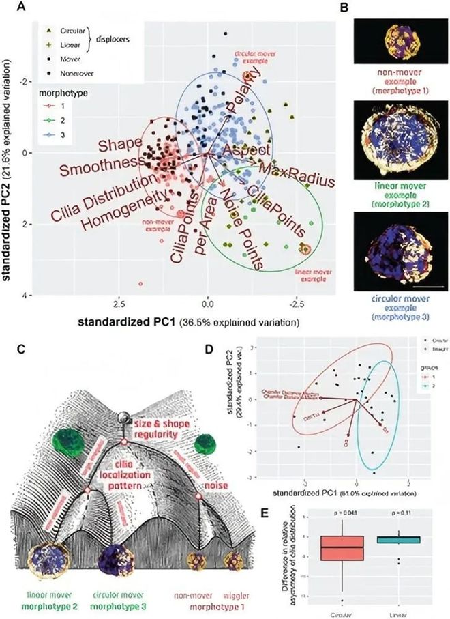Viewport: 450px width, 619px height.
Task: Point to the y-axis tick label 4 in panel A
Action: point(25,295)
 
